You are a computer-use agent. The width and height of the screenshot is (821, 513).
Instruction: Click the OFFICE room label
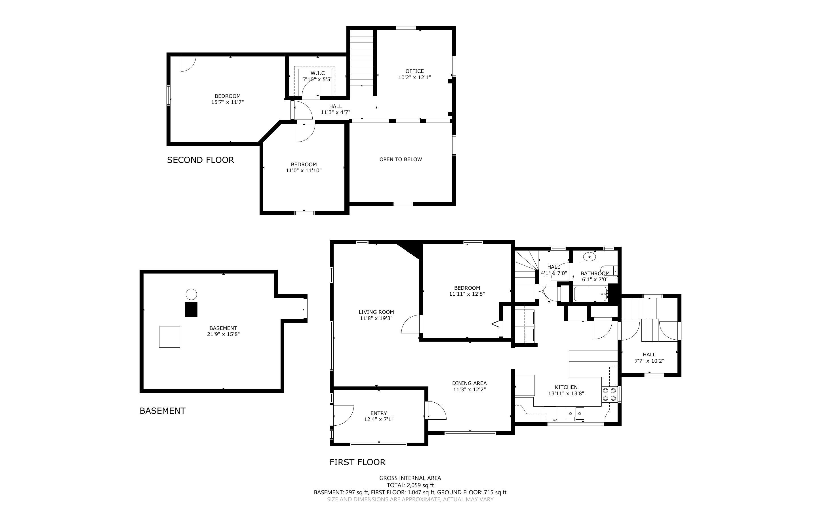[414, 71]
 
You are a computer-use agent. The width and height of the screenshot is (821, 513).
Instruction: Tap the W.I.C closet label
[317, 73]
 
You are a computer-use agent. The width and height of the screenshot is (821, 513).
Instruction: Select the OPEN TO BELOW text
[401, 159]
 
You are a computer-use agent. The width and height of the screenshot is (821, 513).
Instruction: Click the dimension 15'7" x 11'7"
[228, 102]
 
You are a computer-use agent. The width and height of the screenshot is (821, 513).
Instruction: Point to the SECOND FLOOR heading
[200, 160]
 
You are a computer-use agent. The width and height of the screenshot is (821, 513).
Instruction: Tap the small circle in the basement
[191, 294]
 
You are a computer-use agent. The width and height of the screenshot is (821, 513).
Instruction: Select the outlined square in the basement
[170, 337]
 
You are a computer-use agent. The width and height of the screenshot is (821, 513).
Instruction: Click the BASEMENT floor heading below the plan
[163, 411]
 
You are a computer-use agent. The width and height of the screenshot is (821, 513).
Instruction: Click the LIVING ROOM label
[376, 312]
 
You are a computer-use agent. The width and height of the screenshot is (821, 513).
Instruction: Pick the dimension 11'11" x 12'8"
[467, 294]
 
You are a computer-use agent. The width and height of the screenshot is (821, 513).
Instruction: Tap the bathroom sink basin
[590, 256]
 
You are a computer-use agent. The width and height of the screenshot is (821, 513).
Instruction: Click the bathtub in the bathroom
[590, 294]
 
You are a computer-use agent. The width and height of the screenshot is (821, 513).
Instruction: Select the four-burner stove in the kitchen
[609, 395]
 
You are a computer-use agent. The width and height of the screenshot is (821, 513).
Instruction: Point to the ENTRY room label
[378, 413]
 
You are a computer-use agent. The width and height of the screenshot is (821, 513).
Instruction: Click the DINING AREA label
[469, 383]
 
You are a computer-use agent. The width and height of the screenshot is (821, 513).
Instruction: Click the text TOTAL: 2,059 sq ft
[410, 485]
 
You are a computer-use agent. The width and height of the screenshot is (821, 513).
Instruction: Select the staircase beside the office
[361, 58]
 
